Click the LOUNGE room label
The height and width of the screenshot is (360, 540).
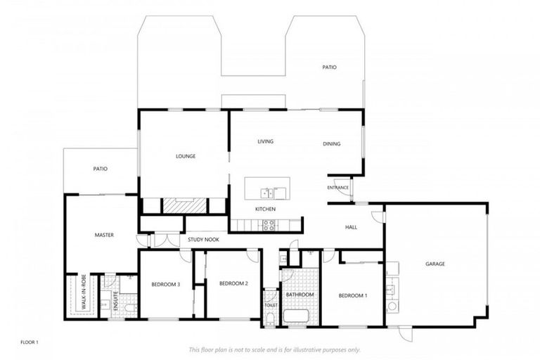tap(185, 156)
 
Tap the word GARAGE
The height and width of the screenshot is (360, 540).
tap(435, 264)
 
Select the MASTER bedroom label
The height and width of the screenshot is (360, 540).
tap(104, 235)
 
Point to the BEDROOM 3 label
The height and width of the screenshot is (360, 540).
tap(166, 284)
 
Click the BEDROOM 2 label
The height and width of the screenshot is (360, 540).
tap(233, 283)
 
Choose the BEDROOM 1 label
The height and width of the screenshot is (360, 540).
tap(352, 296)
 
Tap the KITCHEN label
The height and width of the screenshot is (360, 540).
tap(265, 209)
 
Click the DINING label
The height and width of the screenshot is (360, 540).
tap(331, 144)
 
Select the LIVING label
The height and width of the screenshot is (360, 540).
tap(265, 141)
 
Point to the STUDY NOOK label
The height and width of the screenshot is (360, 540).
tap(204, 240)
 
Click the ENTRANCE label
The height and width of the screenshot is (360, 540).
tap(338, 188)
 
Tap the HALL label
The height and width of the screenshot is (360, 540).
tap(352, 227)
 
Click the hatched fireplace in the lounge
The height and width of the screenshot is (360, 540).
tap(185, 205)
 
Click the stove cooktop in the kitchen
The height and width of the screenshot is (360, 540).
tap(268, 225)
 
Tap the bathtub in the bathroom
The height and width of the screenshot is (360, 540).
tap(295, 315)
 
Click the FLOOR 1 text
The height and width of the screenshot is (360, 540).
tap(30, 342)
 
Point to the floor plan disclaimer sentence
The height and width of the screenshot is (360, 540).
tap(274, 349)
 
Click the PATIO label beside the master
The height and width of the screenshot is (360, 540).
tap(100, 169)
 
